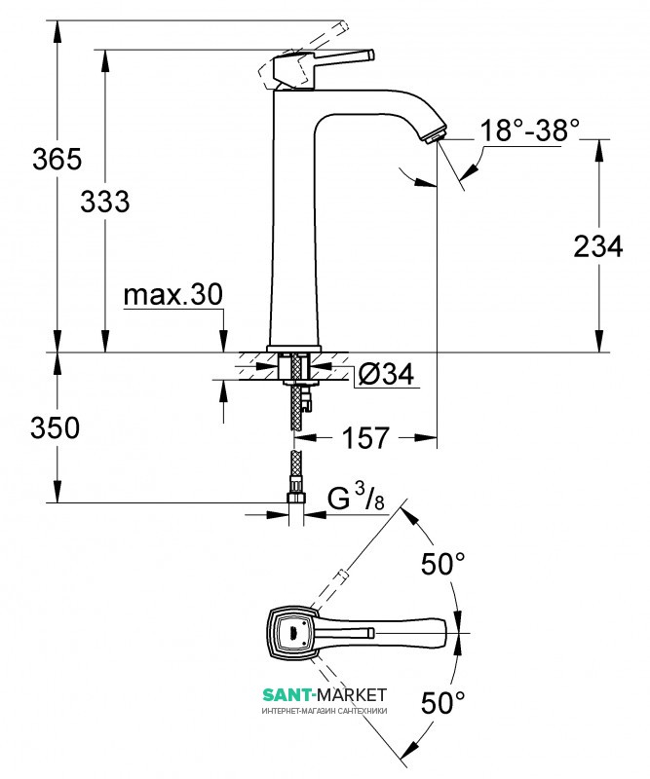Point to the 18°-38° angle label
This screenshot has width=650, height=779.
coord(530,130)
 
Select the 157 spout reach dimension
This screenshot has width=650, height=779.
coord(368,438)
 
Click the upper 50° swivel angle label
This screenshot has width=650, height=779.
coord(442,563)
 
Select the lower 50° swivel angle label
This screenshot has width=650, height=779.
coord(442,701)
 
